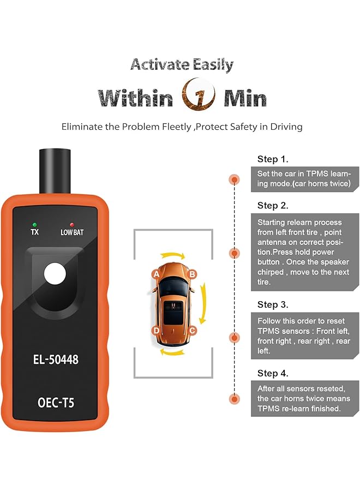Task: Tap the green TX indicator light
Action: (x=34, y=224)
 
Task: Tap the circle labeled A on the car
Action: (x=157, y=274)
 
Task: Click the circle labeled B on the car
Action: (x=192, y=274)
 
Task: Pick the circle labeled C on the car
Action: (x=192, y=330)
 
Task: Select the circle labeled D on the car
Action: (x=157, y=330)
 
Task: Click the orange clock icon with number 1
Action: (x=199, y=98)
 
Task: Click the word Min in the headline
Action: (x=245, y=99)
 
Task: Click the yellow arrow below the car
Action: (x=174, y=352)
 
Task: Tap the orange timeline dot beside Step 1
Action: (x=235, y=179)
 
